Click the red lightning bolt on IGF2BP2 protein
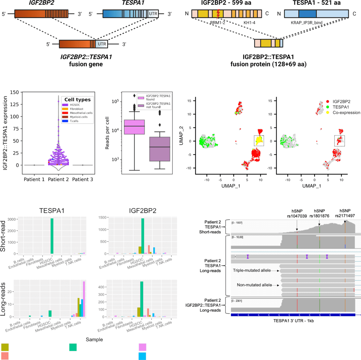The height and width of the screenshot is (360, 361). coord(218,13)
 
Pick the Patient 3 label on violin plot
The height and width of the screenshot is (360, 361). coord(83,180)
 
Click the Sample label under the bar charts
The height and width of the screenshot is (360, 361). coord(94,339)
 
